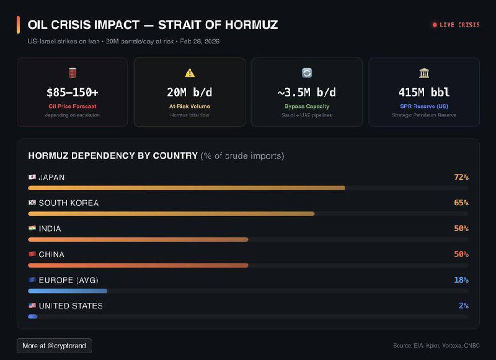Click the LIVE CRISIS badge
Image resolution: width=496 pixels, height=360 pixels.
pos(456,25)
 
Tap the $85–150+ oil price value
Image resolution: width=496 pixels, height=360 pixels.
pos(73,92)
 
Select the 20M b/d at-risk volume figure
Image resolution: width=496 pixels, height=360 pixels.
pos(189,92)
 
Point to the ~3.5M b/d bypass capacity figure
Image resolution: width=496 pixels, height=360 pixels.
pos(306,92)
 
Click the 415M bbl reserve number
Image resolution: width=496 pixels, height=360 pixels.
pos(424,92)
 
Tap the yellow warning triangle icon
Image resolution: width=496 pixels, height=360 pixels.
pos(190,73)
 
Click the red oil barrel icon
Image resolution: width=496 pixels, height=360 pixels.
pos(73,73)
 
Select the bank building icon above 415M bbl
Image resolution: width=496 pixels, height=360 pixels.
pos(424,73)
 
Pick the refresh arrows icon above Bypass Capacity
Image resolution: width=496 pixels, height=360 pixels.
pos(306,73)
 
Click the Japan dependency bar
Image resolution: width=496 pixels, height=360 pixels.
pos(186,188)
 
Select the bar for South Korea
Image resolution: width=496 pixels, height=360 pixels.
pos(171,214)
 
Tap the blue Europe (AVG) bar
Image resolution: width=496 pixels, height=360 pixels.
pos(68,291)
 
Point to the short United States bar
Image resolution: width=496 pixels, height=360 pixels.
pos(33,317)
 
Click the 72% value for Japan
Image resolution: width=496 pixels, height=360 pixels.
pos(461,177)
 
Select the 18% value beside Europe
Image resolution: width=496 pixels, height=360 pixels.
pos(461,280)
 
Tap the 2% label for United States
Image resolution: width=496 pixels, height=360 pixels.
pos(463,305)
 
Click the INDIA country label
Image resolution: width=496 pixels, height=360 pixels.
pos(50,229)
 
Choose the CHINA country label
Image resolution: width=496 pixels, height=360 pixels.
pos(51,255)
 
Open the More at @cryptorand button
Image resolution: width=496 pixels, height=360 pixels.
pos(54,345)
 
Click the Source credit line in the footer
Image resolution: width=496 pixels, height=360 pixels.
pos(436,346)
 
